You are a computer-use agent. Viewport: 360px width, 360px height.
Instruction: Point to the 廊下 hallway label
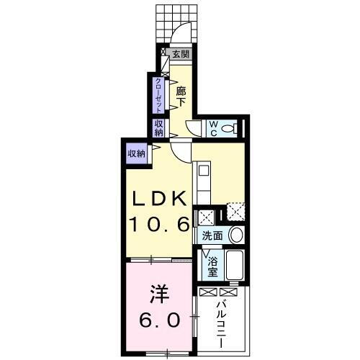182,96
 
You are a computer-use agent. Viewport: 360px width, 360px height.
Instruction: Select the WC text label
214,128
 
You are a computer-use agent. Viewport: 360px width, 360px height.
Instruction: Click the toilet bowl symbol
230,128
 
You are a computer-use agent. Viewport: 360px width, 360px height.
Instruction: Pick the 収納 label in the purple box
136,153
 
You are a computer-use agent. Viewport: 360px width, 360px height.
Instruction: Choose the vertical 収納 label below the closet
158,128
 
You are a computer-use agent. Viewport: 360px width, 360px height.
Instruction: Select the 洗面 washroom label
212,235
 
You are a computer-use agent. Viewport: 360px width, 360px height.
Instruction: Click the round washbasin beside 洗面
235,235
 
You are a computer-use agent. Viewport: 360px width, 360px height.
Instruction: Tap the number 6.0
158,320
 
